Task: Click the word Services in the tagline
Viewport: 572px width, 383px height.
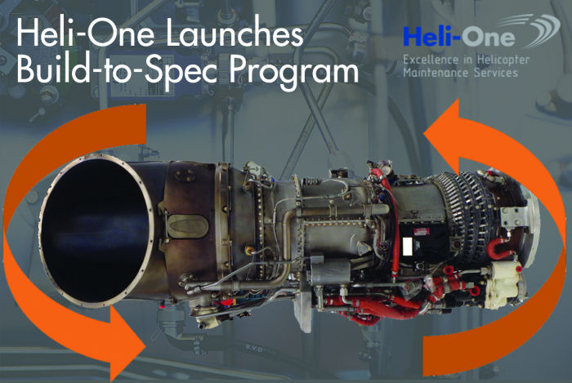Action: (x=497, y=73)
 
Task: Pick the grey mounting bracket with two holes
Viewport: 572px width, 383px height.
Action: (x=515, y=217)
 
